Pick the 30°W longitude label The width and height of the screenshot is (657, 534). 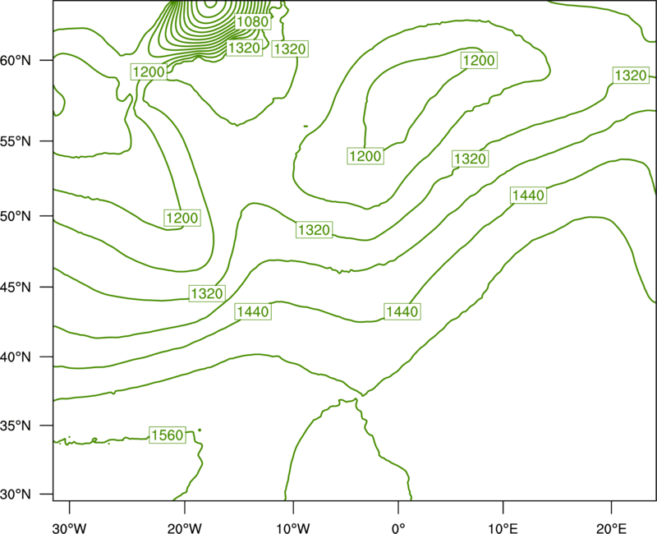pyautogui.click(x=70, y=528)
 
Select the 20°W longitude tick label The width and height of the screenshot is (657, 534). pyautogui.click(x=185, y=528)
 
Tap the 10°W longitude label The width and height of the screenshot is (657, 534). pyautogui.click(x=293, y=528)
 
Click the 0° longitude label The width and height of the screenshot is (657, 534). pyautogui.click(x=398, y=528)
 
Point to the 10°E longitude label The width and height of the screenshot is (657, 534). pyautogui.click(x=503, y=528)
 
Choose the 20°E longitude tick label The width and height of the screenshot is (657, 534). pyautogui.click(x=612, y=528)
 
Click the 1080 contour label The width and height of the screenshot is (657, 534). pyautogui.click(x=252, y=21)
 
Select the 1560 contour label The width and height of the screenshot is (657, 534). pyautogui.click(x=168, y=435)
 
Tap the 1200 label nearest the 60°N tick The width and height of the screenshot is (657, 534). pyautogui.click(x=149, y=72)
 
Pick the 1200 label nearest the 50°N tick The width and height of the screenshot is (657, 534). pyautogui.click(x=182, y=218)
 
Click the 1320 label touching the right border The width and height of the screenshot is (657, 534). pyautogui.click(x=631, y=76)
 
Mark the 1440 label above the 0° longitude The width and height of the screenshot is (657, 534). pyautogui.click(x=402, y=311)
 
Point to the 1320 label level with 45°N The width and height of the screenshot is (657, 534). pyautogui.click(x=207, y=293)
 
